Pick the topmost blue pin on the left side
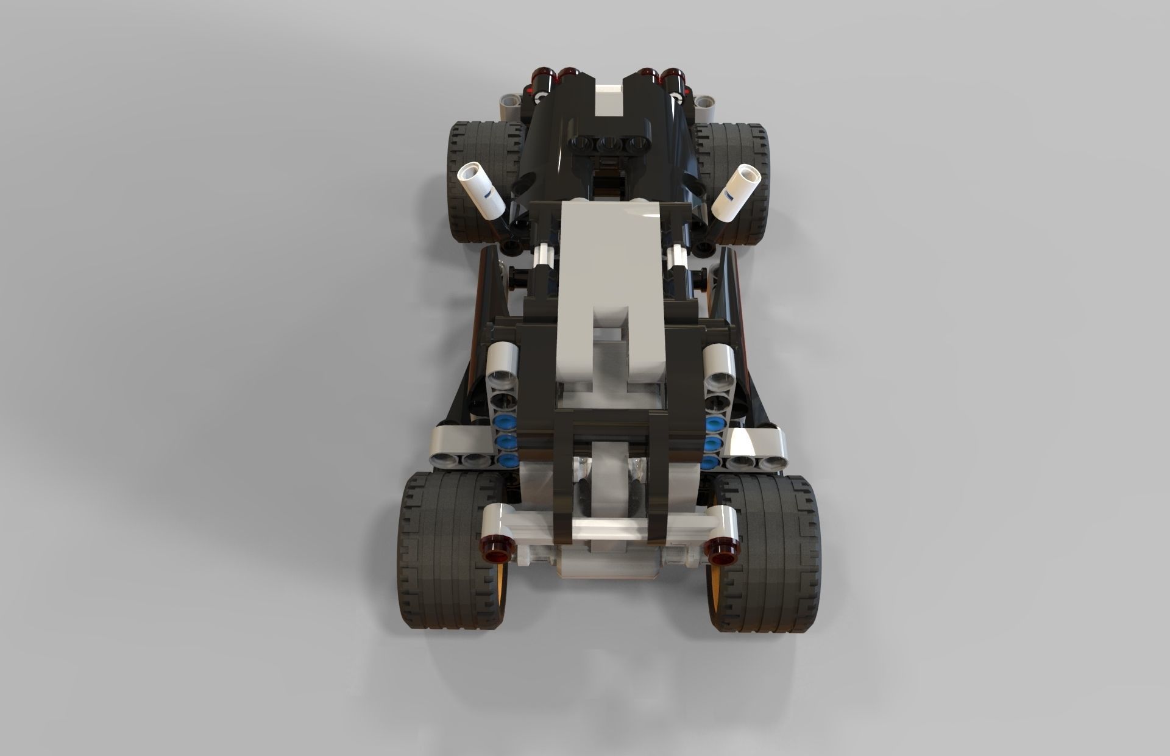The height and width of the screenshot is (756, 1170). click(505, 421)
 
